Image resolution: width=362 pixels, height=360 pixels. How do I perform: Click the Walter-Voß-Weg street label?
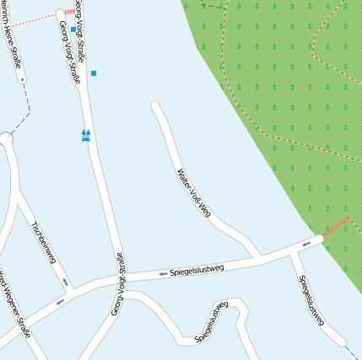tap(193, 194)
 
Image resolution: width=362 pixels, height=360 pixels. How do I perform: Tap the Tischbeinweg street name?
tap(42, 243)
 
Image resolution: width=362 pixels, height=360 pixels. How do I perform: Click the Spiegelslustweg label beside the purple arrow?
tap(197, 270)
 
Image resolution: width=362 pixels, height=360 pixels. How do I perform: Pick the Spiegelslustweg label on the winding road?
tap(212, 322)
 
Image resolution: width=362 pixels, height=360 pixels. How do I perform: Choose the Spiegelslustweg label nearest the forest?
tap(311, 299)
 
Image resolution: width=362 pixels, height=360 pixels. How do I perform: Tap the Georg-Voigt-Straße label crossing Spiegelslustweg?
tap(119, 284)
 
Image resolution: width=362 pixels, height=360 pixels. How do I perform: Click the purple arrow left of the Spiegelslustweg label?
tap(163, 274)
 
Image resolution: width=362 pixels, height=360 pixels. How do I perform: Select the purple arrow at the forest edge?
tap(305, 244)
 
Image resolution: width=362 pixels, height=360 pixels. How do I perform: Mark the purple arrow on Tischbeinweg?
tap(65, 282)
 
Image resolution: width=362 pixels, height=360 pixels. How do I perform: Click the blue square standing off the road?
tap(94, 73)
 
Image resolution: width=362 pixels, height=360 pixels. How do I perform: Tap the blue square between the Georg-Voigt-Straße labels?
tap(73, 30)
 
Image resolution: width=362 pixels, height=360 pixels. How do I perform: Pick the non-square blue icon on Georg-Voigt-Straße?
tap(85, 135)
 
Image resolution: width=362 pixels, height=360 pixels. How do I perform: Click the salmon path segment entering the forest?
tap(337, 227)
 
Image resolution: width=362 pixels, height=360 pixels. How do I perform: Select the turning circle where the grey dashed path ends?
tap(5, 138)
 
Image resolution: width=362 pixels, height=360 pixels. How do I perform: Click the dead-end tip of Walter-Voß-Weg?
tap(155, 106)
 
